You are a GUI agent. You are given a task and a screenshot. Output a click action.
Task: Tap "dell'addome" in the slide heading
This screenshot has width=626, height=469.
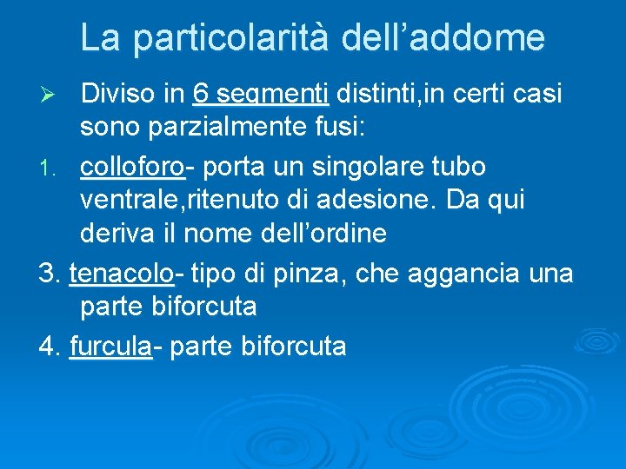point(444,38)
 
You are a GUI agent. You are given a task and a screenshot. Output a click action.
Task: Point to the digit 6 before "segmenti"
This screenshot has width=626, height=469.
point(202,92)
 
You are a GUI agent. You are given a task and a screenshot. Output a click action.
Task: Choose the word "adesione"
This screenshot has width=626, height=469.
point(396,201)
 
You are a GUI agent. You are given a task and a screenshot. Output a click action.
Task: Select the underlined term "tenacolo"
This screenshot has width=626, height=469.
point(121,274)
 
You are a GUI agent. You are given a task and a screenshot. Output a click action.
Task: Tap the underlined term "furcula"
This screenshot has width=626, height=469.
point(110,347)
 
